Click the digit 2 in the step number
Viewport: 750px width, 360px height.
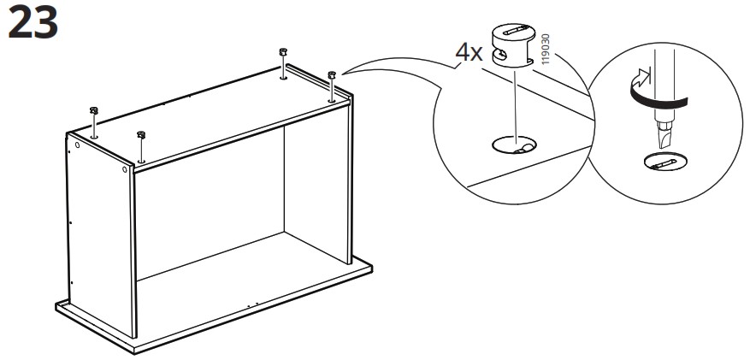click(x=20, y=22)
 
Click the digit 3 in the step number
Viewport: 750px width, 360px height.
click(x=46, y=22)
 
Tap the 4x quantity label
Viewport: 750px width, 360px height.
click(x=469, y=53)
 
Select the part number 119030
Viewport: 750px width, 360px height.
click(x=546, y=49)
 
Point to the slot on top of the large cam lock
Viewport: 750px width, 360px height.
click(x=515, y=31)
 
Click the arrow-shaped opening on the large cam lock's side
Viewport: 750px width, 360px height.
click(x=500, y=54)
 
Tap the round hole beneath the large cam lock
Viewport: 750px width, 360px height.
click(x=514, y=145)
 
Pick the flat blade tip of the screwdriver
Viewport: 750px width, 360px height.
click(x=664, y=137)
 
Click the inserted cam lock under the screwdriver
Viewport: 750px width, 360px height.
click(x=665, y=162)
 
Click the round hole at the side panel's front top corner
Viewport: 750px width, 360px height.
click(x=125, y=169)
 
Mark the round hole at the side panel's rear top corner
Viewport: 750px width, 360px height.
click(x=77, y=145)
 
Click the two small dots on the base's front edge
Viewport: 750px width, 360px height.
click(x=252, y=304)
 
